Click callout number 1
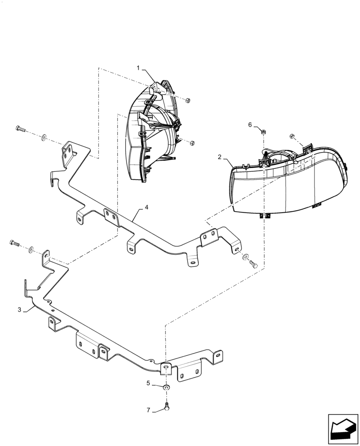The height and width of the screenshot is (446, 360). (x=139, y=68)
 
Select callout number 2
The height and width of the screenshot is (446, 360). (x=220, y=157)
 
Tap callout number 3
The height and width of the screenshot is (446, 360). (x=20, y=310)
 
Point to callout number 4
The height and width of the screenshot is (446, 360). (x=146, y=208)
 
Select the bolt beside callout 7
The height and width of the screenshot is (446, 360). (x=166, y=407)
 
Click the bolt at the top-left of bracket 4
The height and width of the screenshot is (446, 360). (x=20, y=129)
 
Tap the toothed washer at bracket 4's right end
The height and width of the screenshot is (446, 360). (x=245, y=257)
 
